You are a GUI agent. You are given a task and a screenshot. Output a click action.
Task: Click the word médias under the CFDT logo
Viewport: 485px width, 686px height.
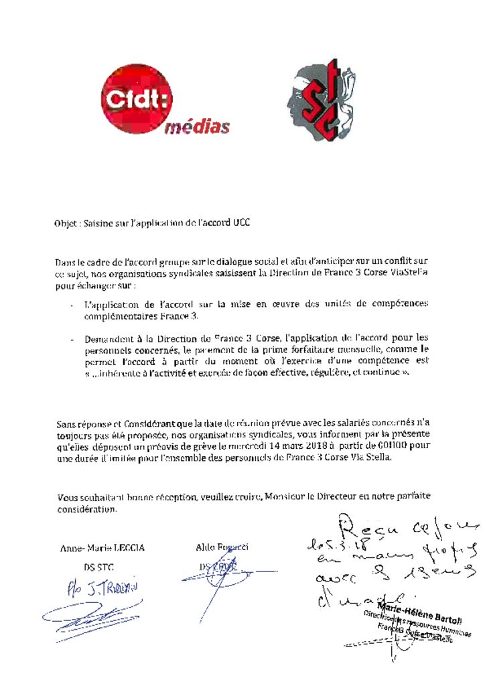click(x=197, y=127)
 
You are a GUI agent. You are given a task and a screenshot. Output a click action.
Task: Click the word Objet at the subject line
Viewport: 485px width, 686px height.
click(x=66, y=223)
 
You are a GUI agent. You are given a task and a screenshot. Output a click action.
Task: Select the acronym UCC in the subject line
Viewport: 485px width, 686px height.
click(x=242, y=223)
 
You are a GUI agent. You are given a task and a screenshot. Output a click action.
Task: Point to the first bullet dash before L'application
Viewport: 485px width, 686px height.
click(x=72, y=305)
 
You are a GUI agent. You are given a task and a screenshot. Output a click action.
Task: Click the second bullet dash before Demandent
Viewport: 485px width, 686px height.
click(x=72, y=339)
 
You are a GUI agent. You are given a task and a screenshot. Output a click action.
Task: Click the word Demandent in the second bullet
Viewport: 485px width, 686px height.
click(x=109, y=338)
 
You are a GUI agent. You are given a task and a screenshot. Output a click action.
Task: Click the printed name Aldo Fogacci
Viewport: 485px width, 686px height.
click(x=217, y=547)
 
